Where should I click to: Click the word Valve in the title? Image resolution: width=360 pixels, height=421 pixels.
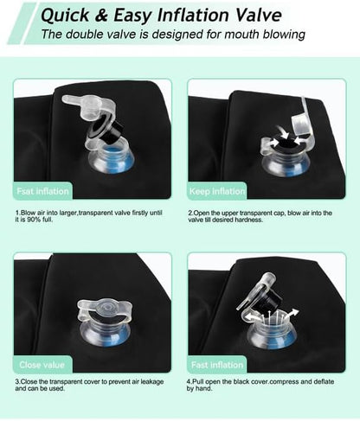[259, 15]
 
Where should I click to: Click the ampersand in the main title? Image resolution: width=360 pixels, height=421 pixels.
[101, 16]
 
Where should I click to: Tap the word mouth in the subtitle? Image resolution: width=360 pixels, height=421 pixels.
[241, 34]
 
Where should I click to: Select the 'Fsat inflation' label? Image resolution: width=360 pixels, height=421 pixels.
[42, 191]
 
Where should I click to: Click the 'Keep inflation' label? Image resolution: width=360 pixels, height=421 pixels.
[217, 191]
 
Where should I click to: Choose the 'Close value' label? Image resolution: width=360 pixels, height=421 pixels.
[42, 365]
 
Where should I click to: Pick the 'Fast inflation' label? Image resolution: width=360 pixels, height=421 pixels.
[217, 365]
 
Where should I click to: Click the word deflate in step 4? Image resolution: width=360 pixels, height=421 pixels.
[323, 381]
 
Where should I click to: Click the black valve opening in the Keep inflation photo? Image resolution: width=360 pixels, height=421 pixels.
[287, 142]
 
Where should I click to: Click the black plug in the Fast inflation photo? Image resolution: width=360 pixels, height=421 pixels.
[271, 301]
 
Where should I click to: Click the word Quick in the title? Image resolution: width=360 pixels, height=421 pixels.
[66, 16]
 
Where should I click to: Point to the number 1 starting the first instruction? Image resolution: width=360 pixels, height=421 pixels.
[17, 213]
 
